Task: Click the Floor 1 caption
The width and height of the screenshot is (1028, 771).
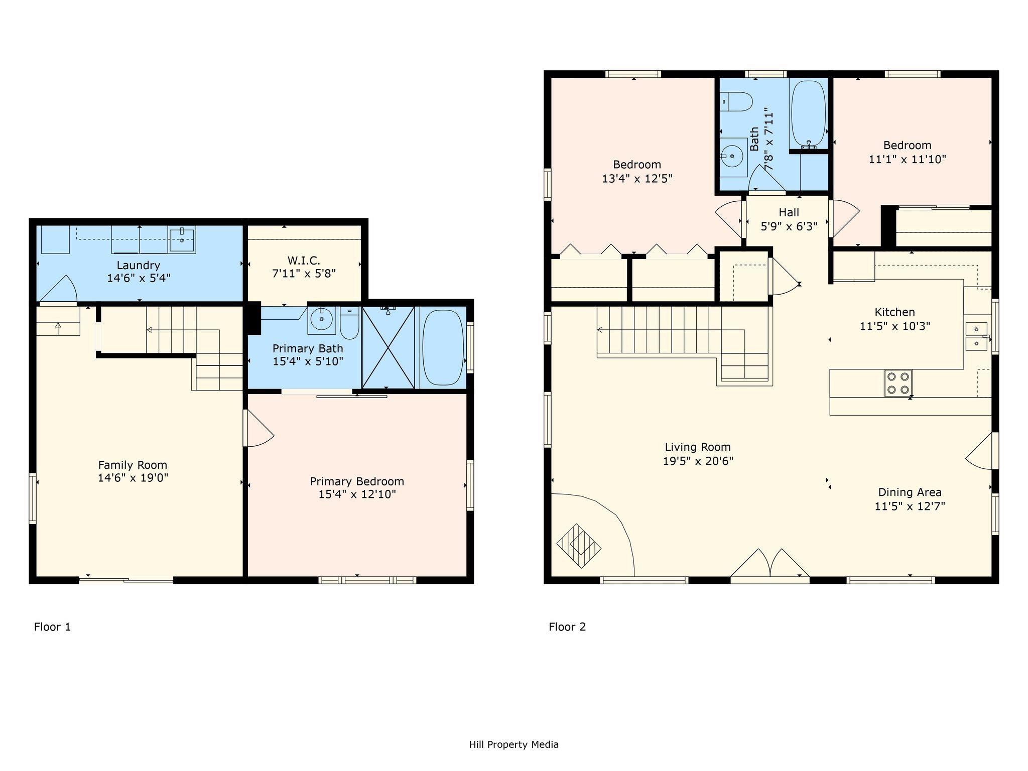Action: (x=52, y=627)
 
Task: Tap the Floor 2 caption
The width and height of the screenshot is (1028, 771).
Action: (x=567, y=627)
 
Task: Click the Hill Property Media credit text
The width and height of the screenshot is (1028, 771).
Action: (x=513, y=744)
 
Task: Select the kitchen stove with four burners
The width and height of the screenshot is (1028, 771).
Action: (x=898, y=383)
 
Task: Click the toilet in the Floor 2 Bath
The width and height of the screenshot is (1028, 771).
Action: (x=736, y=102)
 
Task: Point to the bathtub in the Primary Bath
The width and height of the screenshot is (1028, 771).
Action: (x=443, y=348)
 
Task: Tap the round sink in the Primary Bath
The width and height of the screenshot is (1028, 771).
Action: (x=321, y=318)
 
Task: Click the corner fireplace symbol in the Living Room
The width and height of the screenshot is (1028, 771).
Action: (x=579, y=546)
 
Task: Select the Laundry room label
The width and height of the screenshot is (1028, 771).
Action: (x=139, y=265)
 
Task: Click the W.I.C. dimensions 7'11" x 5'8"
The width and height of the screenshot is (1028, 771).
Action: (x=304, y=274)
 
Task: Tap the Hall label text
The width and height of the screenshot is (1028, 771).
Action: (x=789, y=212)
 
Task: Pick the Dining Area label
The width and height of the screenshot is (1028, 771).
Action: (x=910, y=492)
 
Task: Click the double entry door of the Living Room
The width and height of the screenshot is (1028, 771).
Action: (x=769, y=565)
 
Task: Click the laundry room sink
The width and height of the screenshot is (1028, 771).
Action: (x=182, y=240)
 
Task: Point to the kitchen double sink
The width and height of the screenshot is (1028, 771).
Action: (x=976, y=336)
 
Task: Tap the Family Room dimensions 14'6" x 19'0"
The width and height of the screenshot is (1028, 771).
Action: (x=133, y=478)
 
